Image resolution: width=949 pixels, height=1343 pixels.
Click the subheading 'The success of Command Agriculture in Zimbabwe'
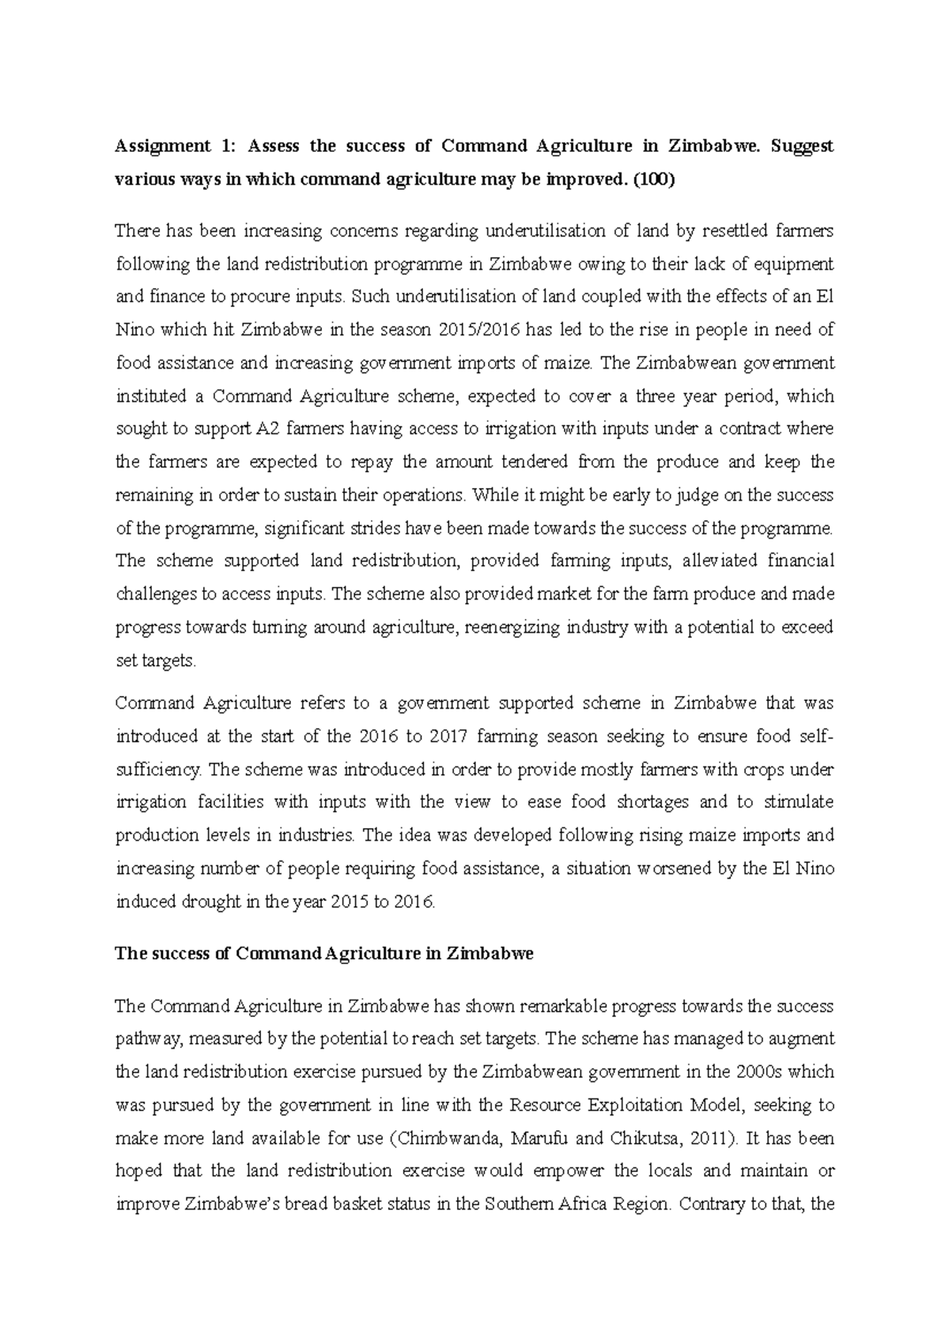[x=324, y=954]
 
